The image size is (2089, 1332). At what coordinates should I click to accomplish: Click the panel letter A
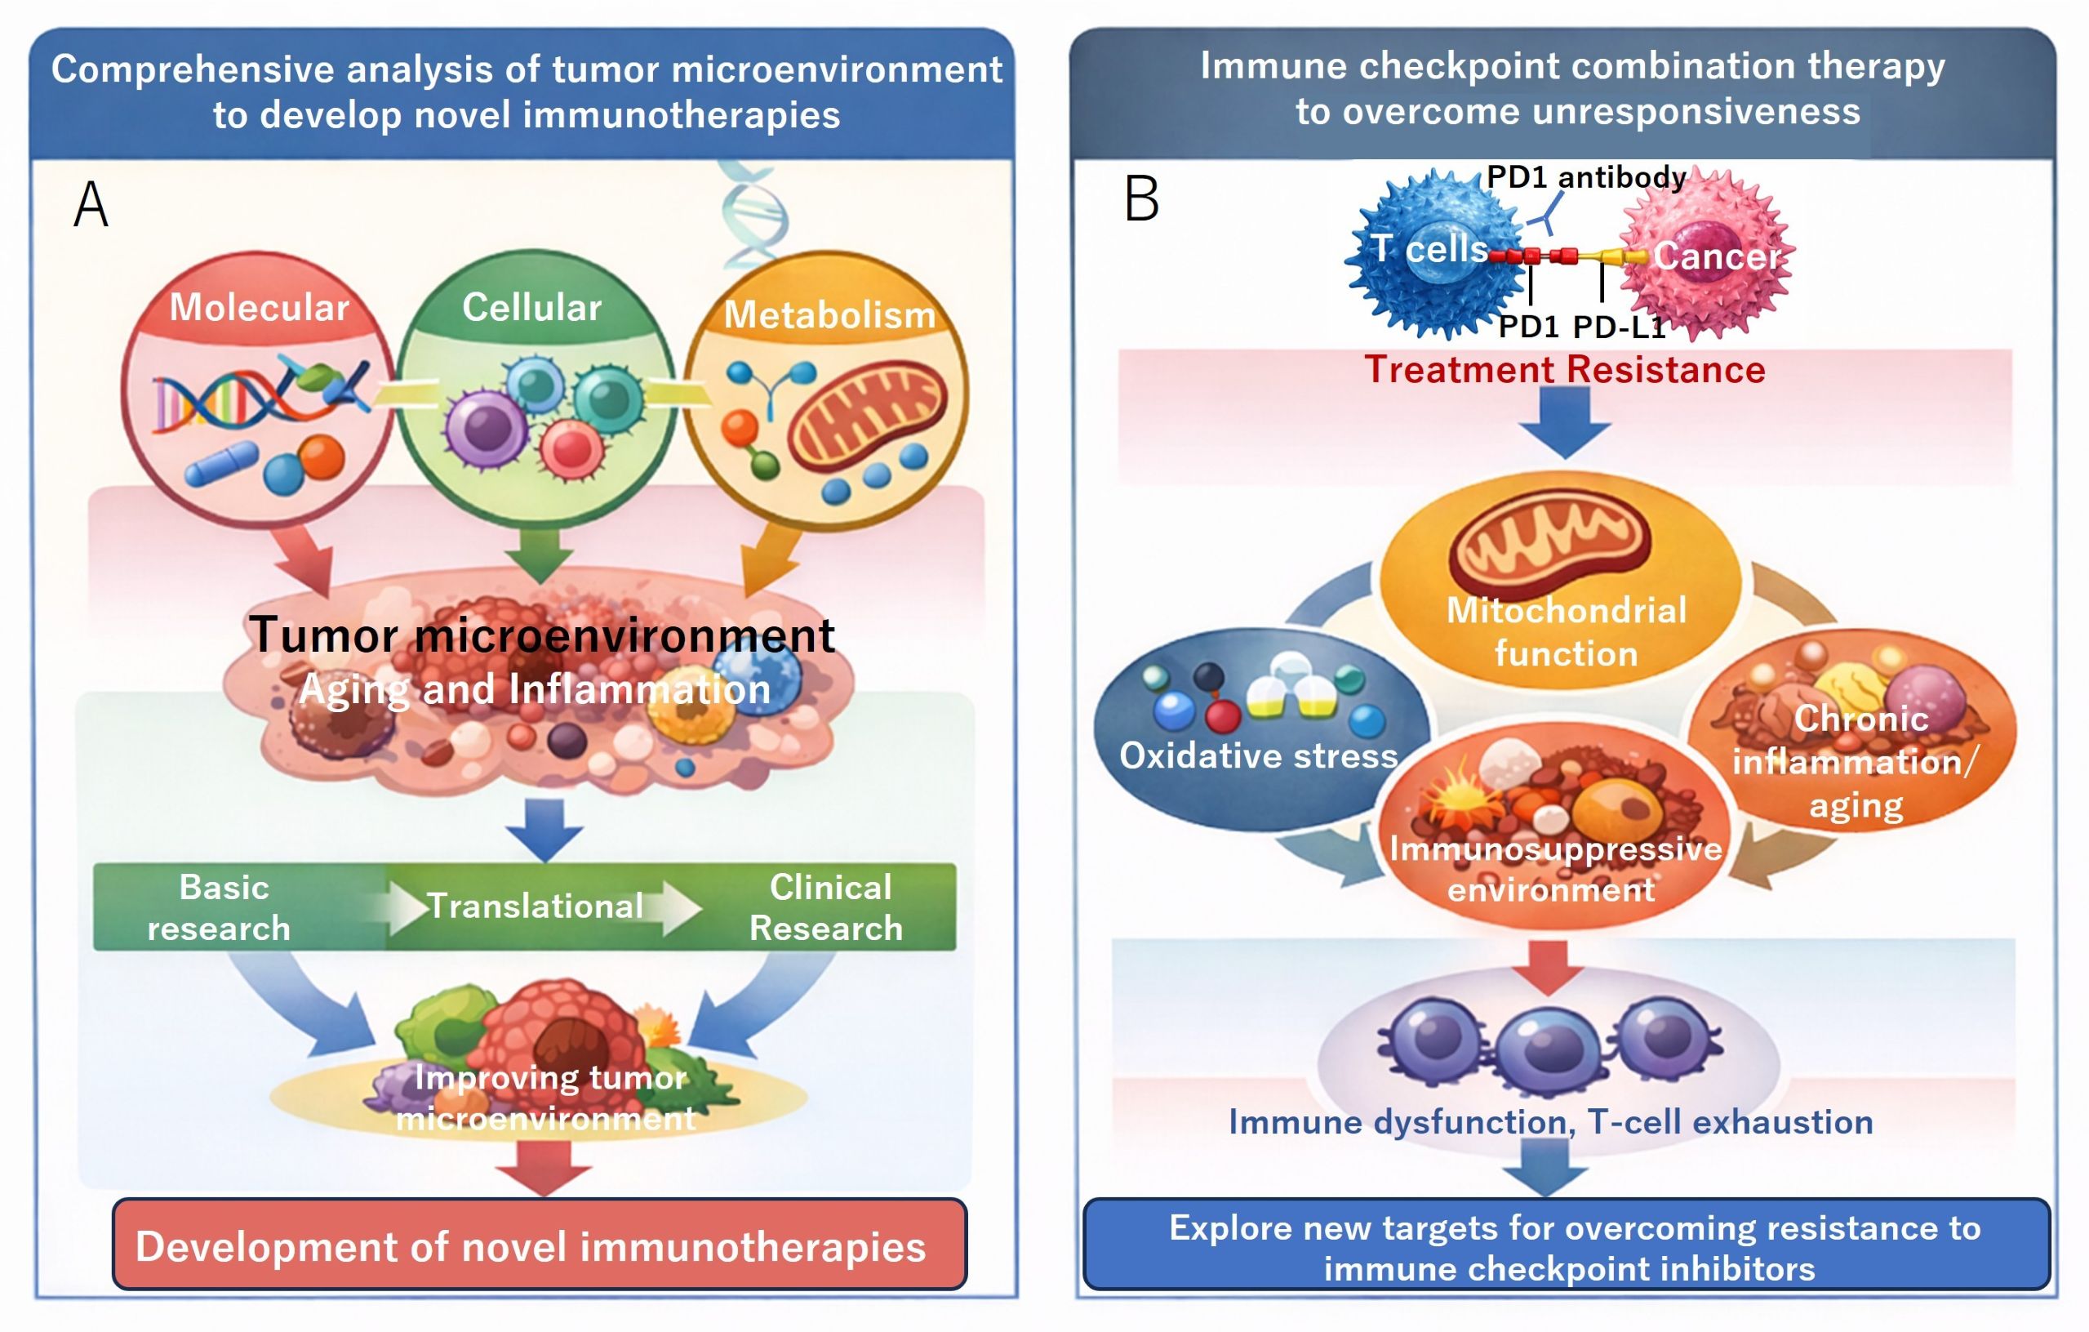[x=91, y=205]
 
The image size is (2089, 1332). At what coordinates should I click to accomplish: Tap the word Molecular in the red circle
[x=259, y=307]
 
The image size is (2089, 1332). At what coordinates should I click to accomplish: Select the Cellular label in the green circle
[x=531, y=307]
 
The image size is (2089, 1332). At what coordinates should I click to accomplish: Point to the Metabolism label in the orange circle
[x=829, y=315]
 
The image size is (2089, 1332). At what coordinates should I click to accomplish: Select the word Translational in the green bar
[x=536, y=906]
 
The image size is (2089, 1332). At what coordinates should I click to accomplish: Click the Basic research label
[x=220, y=907]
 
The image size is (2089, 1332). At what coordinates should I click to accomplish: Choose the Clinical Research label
[x=828, y=907]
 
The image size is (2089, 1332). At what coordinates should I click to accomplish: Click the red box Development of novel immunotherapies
[x=539, y=1245]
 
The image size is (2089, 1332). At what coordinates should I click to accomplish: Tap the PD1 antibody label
[x=1586, y=177]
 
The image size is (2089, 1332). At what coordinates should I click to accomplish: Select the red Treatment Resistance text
[x=1564, y=370]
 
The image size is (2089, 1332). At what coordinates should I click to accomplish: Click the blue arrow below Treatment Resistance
[x=1564, y=421]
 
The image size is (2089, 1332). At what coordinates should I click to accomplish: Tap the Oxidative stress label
[x=1258, y=755]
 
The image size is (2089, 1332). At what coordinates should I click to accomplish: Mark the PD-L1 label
[x=1619, y=327]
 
